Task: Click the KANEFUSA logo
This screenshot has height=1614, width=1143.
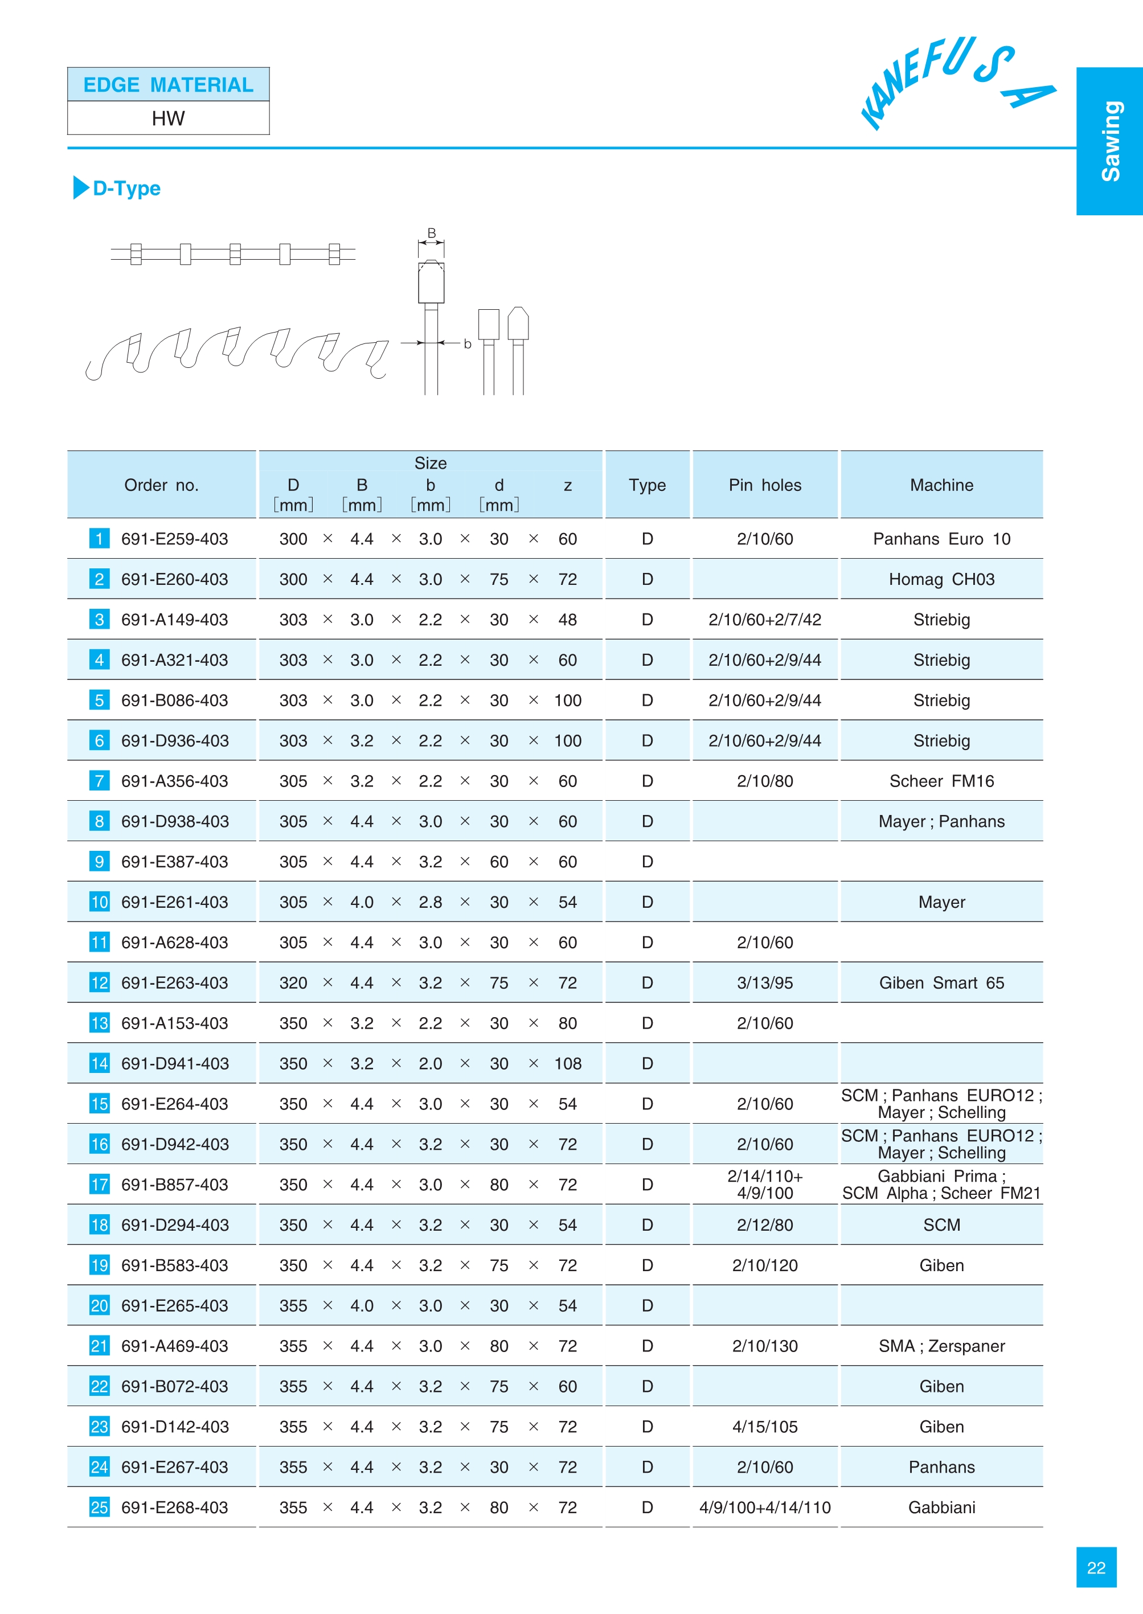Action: pyautogui.click(x=957, y=83)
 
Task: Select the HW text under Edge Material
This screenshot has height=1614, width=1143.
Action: pyautogui.click(x=168, y=118)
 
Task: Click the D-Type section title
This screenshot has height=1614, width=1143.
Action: pyautogui.click(x=126, y=189)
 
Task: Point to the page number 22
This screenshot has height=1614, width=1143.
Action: pyautogui.click(x=1096, y=1567)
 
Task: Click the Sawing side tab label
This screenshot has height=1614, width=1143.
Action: pyautogui.click(x=1111, y=141)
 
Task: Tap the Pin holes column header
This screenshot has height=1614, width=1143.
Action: pyautogui.click(x=764, y=485)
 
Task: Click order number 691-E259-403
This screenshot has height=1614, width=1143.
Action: pyautogui.click(x=174, y=539)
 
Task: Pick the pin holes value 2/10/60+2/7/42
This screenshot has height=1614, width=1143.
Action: pyautogui.click(x=764, y=620)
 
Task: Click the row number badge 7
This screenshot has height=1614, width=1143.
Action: pyautogui.click(x=99, y=781)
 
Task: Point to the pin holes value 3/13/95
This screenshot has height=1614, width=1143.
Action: pyautogui.click(x=764, y=984)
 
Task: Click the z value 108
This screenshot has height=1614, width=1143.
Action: pyautogui.click(x=567, y=1063)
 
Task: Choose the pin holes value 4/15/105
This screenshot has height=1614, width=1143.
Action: pyautogui.click(x=764, y=1427)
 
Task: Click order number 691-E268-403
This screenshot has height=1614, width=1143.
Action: pyautogui.click(x=174, y=1508)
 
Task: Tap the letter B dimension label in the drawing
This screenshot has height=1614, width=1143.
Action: pyautogui.click(x=432, y=233)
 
